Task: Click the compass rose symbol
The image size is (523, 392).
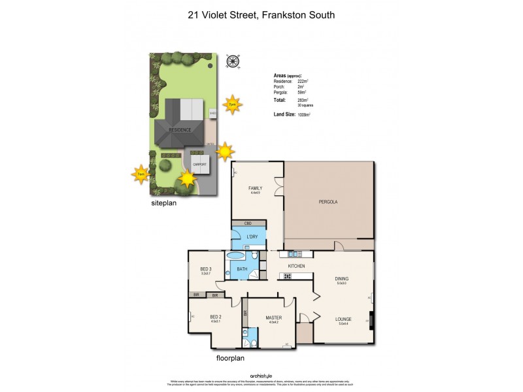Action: (231, 62)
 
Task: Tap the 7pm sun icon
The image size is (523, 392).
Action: (231, 103)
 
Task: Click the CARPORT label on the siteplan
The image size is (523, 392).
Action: (199, 165)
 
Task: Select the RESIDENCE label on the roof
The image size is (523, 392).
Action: (180, 129)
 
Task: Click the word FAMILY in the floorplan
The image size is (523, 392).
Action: (255, 188)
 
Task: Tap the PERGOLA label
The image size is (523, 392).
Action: (328, 202)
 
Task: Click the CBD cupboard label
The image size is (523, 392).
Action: (248, 223)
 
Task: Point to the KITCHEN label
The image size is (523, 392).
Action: (297, 267)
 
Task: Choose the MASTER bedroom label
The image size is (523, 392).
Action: (273, 318)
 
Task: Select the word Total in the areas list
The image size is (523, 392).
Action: (280, 99)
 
